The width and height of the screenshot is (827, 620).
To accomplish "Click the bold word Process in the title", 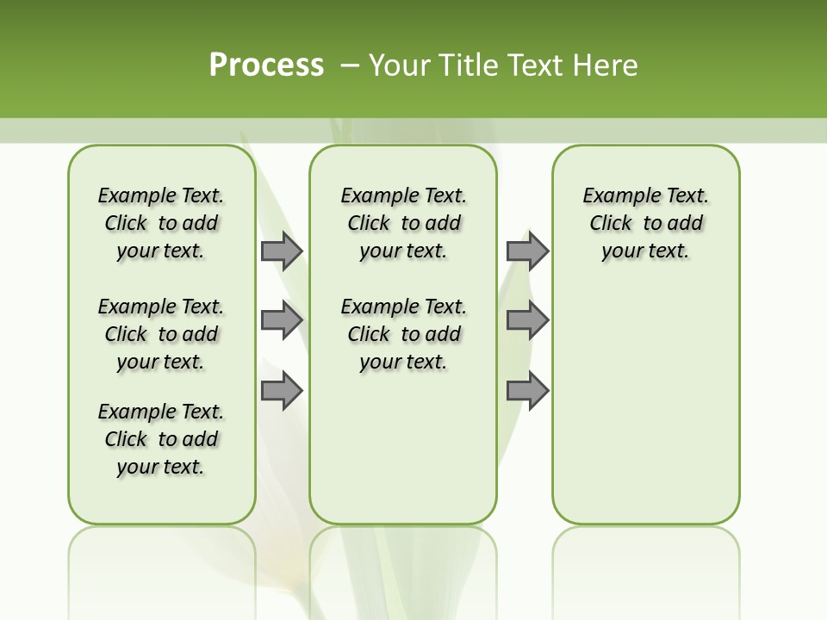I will click(266, 65).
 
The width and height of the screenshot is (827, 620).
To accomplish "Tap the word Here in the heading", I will click(606, 65).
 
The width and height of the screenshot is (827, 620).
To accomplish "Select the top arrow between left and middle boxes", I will click(281, 251).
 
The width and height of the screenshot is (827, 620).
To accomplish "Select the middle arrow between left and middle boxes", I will click(281, 320).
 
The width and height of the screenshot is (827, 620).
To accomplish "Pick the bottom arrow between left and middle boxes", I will click(281, 390).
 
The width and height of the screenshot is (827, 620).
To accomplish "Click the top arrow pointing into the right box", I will click(527, 251).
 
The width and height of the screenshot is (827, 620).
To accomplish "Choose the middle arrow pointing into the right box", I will click(527, 320).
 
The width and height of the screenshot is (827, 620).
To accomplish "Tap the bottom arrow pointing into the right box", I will click(527, 390).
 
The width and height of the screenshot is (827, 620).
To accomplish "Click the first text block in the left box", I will click(161, 223).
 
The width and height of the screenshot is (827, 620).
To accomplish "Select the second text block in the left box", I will click(161, 334).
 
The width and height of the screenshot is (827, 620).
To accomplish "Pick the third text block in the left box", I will click(161, 439).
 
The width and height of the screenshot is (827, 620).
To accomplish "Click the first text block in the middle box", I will click(403, 223).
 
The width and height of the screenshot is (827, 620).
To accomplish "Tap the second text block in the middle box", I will click(403, 334).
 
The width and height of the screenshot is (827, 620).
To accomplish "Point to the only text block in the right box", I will click(646, 223).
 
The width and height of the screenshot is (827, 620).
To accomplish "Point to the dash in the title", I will click(350, 65).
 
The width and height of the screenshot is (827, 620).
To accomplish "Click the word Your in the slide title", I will click(401, 65).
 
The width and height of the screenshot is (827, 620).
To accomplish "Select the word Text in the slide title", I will click(536, 65).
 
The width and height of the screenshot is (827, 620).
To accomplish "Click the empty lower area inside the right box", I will click(646, 413).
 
